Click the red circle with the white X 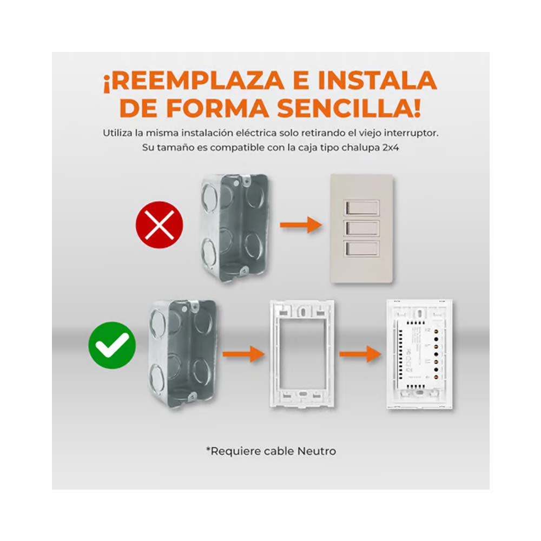coord(159,224)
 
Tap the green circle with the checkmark coord(112,346)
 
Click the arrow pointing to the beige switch coord(301,224)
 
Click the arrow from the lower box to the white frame coord(243,355)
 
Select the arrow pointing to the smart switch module coord(360,355)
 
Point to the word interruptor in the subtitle coord(412,133)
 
